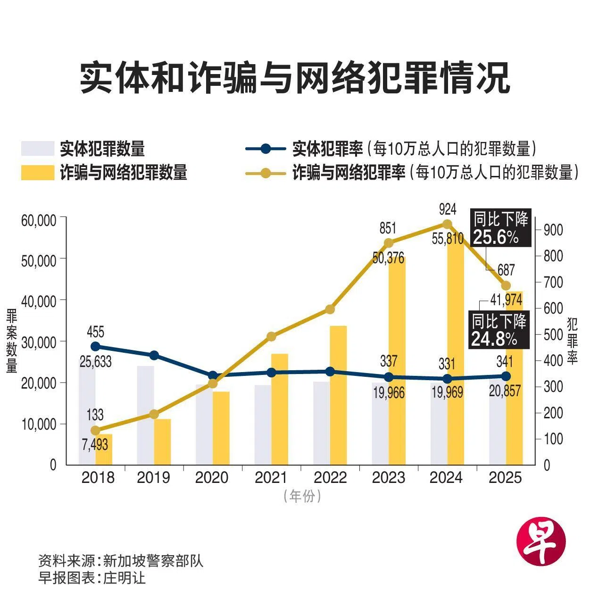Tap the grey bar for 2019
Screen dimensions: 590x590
click(145, 415)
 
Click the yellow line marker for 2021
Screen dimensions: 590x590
click(271, 336)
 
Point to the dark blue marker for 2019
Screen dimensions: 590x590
click(154, 355)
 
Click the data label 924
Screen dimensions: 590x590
click(447, 208)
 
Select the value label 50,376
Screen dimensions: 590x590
click(388, 258)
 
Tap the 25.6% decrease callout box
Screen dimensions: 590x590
click(501, 228)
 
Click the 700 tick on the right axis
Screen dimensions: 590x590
click(553, 283)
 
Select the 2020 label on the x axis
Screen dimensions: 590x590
click(212, 478)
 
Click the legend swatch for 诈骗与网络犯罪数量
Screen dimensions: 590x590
click(38, 173)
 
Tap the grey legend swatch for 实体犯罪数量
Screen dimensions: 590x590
click(38, 149)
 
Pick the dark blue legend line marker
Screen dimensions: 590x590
click(266, 149)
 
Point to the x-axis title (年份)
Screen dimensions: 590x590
click(302, 496)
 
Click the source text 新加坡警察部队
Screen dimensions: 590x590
click(153, 561)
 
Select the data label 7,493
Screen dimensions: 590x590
click(95, 444)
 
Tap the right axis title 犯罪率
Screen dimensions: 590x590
click(572, 341)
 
